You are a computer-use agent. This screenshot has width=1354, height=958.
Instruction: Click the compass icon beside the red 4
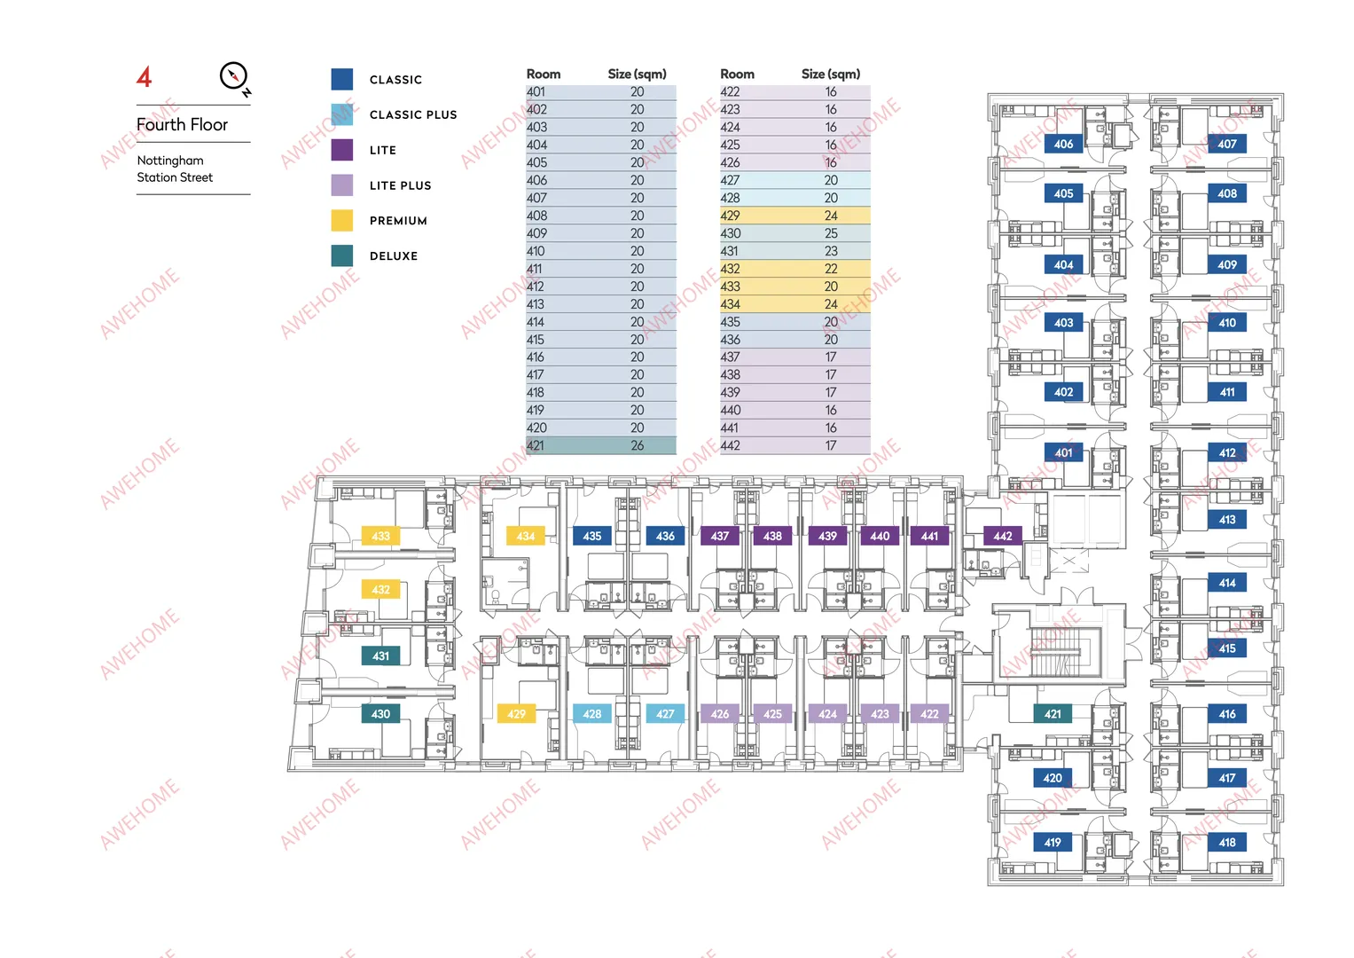click(234, 77)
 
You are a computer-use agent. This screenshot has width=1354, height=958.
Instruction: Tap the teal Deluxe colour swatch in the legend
click(342, 255)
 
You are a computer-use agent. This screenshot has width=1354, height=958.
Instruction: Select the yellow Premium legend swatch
click(342, 221)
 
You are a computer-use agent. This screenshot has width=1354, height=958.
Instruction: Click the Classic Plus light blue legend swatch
click(342, 114)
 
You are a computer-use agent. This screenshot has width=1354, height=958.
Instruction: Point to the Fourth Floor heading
click(182, 124)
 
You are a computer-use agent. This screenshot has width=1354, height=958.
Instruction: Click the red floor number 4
click(144, 77)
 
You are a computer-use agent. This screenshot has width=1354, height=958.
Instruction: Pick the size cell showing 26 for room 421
click(638, 445)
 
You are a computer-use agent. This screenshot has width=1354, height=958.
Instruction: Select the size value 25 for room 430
click(831, 233)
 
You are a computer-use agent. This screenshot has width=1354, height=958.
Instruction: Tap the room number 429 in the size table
click(730, 216)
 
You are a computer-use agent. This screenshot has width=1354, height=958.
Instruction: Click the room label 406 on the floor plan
click(1063, 144)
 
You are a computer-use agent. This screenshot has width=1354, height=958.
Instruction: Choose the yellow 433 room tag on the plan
click(380, 536)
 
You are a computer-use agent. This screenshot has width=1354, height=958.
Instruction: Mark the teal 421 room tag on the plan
click(1053, 714)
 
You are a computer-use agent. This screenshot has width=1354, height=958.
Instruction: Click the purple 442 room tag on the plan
click(1003, 536)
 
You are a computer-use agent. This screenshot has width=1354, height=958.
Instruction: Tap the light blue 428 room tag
click(591, 714)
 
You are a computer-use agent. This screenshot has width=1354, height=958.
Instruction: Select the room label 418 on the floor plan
click(1227, 842)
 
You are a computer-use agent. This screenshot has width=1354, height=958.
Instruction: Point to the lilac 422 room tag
click(929, 714)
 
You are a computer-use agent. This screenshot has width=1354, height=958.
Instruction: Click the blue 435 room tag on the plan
click(591, 536)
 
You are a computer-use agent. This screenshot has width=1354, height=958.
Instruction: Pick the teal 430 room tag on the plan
click(380, 714)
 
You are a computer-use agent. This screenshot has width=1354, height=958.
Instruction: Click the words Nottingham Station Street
click(175, 169)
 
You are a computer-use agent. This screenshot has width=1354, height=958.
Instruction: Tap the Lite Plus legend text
click(400, 185)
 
